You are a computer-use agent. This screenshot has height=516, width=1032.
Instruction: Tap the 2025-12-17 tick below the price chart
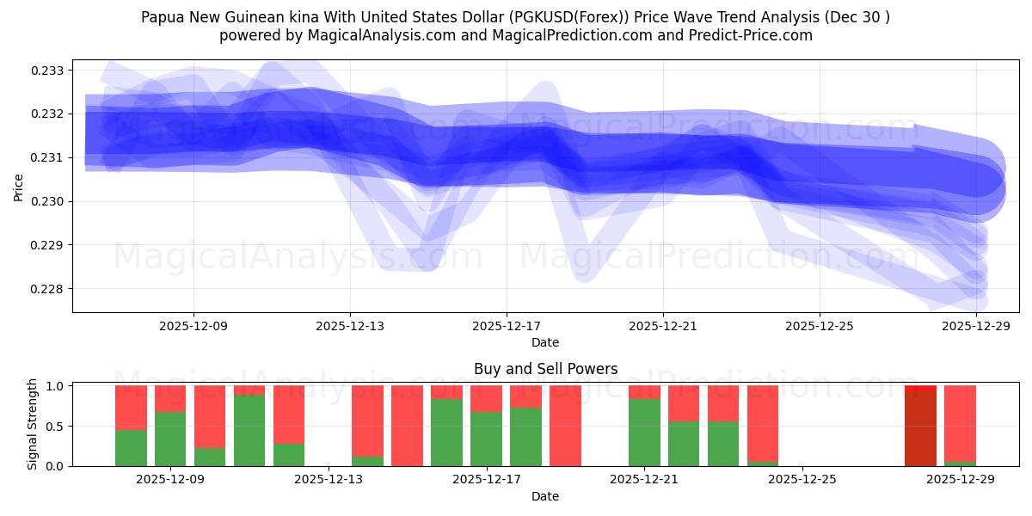[x=506, y=326]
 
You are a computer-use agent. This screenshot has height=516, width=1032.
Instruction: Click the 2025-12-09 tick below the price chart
[x=193, y=326]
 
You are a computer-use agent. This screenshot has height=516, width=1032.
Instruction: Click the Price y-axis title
[x=19, y=186]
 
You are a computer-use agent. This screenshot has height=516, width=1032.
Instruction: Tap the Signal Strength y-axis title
[x=33, y=424]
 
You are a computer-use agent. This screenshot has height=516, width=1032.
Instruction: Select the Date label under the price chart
[x=545, y=342]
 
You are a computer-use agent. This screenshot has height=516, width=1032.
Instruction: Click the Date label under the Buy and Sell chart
[x=545, y=496]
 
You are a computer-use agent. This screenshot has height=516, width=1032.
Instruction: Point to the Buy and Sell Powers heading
[x=545, y=369]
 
